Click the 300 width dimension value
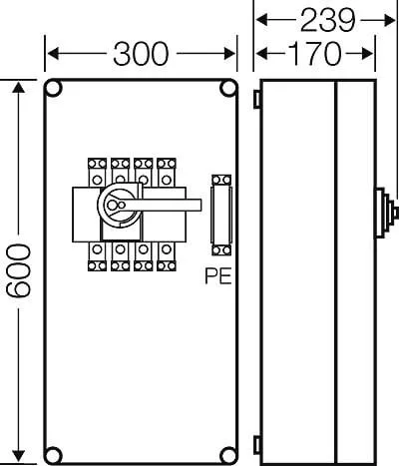coord(141,54)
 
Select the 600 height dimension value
coord(19,270)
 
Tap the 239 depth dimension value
coord(328,21)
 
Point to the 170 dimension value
coord(314,54)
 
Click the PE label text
coord(218,276)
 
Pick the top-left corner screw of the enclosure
coord(53,89)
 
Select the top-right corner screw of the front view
coord(228,89)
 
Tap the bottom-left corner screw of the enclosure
coord(53,455)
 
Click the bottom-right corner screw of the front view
coord(228,455)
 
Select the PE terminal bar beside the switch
coord(221,215)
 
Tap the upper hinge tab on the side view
coord(257,99)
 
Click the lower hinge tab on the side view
coord(257,445)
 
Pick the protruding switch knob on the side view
coord(386,214)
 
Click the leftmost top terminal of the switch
coord(97,172)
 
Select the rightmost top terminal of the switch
coord(167,172)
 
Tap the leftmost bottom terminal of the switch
coord(97,256)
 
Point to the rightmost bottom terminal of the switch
coord(167,256)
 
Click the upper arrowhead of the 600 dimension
coord(19,87)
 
